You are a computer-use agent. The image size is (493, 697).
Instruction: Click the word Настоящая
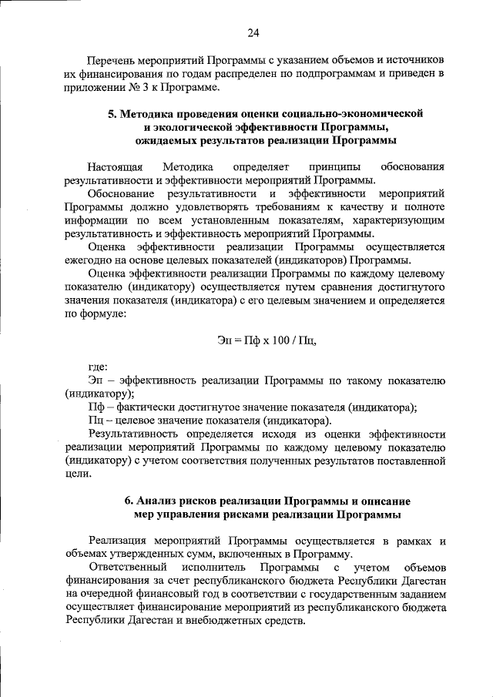coord(116,166)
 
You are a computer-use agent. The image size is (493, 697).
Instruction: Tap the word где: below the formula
coord(98,367)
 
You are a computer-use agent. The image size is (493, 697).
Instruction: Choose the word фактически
coord(143,407)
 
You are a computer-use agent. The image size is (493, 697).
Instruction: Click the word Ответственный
coord(126,568)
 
